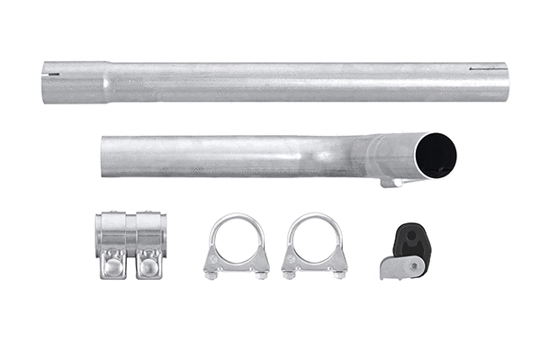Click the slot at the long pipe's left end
point(54,74)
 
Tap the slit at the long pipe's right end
point(494,67)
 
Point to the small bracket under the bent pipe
point(390,183)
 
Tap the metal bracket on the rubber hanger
point(400,266)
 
